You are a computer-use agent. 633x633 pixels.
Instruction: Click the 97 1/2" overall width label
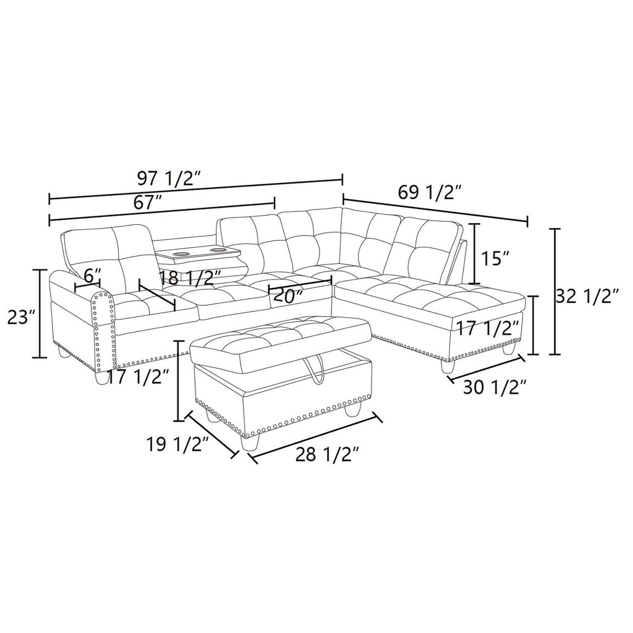tap(169, 178)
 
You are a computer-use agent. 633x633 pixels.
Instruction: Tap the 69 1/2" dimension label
tap(430, 193)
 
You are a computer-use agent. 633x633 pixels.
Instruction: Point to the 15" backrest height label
tap(495, 258)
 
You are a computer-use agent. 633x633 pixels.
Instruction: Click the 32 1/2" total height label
tap(587, 297)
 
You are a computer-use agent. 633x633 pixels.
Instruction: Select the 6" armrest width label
tap(92, 276)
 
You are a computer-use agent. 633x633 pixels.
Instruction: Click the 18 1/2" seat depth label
tap(190, 278)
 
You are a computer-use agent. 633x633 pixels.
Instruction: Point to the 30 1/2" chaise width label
tap(495, 388)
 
